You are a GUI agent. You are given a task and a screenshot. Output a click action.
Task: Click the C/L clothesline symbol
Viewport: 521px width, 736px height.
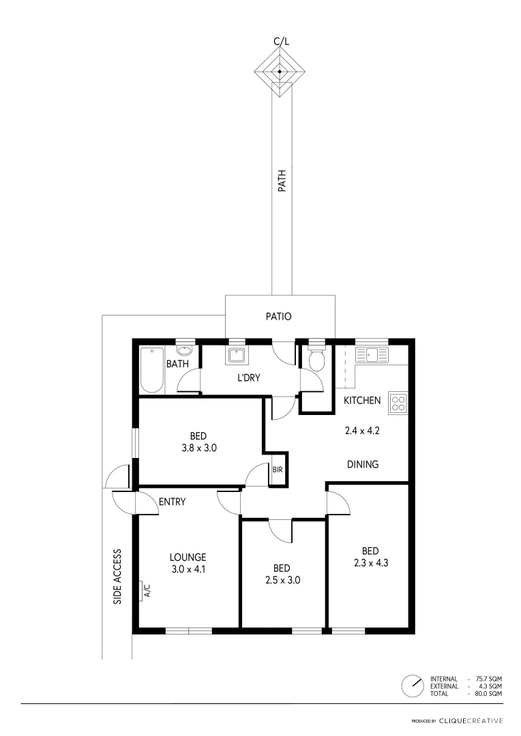[x=280, y=71]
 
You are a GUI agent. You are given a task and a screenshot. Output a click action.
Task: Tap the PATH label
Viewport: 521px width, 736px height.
[x=281, y=183]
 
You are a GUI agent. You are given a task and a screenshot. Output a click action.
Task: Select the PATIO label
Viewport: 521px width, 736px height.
[x=278, y=316]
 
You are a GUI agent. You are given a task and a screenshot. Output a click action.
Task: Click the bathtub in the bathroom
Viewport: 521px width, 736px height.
[x=152, y=370]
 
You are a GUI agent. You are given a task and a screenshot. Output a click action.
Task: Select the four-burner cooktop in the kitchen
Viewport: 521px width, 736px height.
[x=398, y=403]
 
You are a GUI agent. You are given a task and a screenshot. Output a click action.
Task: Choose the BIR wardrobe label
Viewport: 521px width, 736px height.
[x=278, y=470]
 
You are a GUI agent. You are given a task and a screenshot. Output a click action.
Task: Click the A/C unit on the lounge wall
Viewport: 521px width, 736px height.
[x=145, y=591]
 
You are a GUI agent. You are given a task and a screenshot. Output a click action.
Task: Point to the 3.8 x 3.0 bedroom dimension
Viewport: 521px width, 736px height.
[x=198, y=448]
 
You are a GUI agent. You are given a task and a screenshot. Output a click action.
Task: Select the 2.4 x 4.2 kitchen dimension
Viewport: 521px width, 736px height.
[x=361, y=430]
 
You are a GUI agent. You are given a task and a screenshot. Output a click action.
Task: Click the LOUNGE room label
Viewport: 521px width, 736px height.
[x=189, y=557]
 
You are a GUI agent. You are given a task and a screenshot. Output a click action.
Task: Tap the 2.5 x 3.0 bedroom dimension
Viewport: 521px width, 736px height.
[x=282, y=581]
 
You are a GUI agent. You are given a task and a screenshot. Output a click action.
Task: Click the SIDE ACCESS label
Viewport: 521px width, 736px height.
[x=118, y=576]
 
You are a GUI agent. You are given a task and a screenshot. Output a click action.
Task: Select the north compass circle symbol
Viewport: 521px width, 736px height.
[x=412, y=686]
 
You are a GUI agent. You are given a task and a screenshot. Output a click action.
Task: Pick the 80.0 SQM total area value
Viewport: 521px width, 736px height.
[x=490, y=693]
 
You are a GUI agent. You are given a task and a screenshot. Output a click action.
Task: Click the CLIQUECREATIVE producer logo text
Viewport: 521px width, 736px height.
[x=471, y=720]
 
